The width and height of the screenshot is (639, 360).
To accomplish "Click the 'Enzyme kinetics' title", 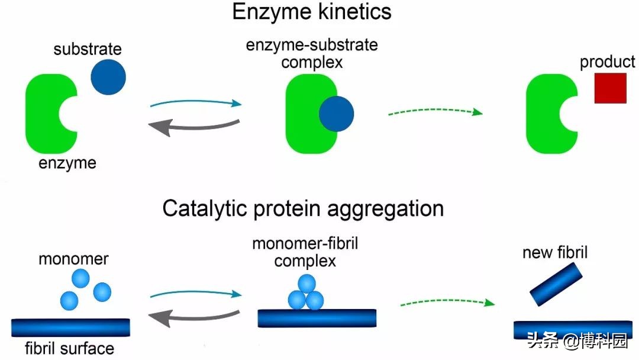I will coord(312,12).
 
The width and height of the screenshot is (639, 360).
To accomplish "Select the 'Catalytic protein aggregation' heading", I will coord(303,208).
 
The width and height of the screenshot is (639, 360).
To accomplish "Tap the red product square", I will coord(610,88).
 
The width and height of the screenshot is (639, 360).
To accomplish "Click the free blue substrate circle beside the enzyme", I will coord(108,77).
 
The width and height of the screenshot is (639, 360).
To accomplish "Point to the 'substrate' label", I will coord(88,49).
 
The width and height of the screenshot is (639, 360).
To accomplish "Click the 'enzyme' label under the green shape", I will coord(67,163).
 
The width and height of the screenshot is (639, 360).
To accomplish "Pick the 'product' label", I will coord(607,62).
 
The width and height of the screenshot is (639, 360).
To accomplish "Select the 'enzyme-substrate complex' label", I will coord(312,53).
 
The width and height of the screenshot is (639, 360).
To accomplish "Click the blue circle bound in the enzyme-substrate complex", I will coord(336,114).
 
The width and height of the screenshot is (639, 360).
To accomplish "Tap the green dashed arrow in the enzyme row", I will coord(435,111).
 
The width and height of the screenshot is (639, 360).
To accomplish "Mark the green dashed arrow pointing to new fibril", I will coord(447,303).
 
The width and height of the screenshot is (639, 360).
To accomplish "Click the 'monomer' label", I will coord(74,259).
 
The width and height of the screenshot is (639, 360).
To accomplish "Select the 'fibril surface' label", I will coord(70,348).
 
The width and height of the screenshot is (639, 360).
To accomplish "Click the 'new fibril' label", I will coord(555,253).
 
